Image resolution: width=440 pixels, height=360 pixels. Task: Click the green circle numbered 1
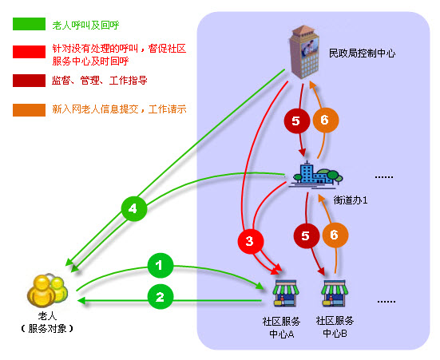(161, 265)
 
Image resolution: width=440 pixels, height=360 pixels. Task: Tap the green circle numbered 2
(161, 297)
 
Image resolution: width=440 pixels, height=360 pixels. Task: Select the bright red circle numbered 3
(250, 241)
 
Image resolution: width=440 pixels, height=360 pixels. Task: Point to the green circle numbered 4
(134, 208)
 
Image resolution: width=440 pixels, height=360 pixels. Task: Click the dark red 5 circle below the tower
(296, 121)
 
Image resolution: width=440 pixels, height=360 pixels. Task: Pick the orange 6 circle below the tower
(326, 120)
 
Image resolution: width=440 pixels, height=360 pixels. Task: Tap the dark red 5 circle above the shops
(307, 235)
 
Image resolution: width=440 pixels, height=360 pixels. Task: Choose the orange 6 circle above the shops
(335, 235)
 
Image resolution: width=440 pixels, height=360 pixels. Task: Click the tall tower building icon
(304, 52)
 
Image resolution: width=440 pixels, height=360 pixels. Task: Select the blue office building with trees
(316, 175)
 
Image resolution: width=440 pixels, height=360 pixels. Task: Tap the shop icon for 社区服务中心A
(285, 293)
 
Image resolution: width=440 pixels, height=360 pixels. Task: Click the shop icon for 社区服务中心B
(334, 293)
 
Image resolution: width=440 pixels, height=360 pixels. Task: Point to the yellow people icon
(47, 291)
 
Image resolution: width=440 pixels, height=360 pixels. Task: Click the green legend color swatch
(29, 24)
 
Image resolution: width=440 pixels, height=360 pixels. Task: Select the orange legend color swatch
(29, 109)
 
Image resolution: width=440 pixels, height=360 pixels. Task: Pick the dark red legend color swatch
(29, 81)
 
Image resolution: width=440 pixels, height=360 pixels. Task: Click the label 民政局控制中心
(362, 53)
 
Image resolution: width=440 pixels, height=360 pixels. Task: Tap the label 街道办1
(351, 200)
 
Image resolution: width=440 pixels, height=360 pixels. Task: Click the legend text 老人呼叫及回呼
(86, 26)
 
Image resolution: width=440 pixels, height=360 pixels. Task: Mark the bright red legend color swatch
(29, 52)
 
